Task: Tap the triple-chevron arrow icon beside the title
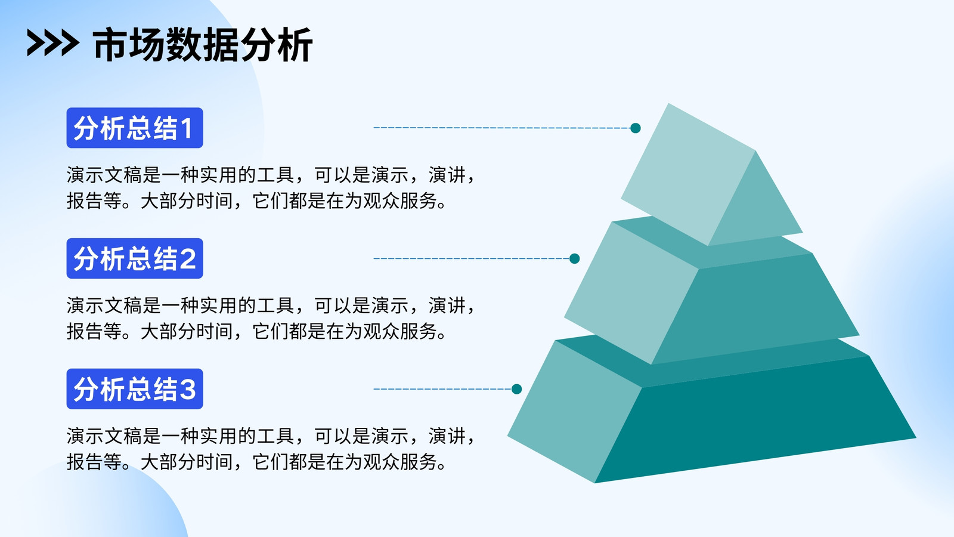[53, 42]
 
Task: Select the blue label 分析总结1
[135, 128]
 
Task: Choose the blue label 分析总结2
[135, 258]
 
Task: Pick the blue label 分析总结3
[135, 388]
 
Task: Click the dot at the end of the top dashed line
[636, 128]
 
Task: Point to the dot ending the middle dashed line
[575, 258]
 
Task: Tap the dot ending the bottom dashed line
[516, 388]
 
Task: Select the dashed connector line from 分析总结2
[472, 258]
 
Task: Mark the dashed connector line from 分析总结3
[442, 388]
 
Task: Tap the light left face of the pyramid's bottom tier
[575, 409]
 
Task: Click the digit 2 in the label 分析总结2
[187, 259]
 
